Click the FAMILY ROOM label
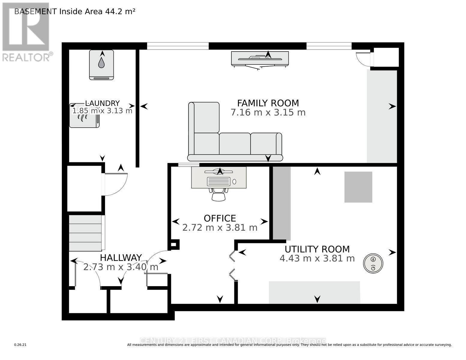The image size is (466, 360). (268, 103)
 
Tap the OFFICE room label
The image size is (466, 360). (220, 218)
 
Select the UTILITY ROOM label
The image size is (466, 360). (317, 249)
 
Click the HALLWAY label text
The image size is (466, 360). (121, 258)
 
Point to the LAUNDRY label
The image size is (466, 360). (102, 103)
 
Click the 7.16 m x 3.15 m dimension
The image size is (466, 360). (268, 112)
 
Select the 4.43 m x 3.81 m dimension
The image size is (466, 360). (317, 258)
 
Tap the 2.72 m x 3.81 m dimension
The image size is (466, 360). (220, 228)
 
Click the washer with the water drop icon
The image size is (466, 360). (101, 64)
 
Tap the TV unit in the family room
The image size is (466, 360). (260, 58)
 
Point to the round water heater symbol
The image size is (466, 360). (373, 264)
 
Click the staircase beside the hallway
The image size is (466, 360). (86, 233)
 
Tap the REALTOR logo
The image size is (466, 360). (26, 31)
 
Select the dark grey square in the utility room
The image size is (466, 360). (358, 187)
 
